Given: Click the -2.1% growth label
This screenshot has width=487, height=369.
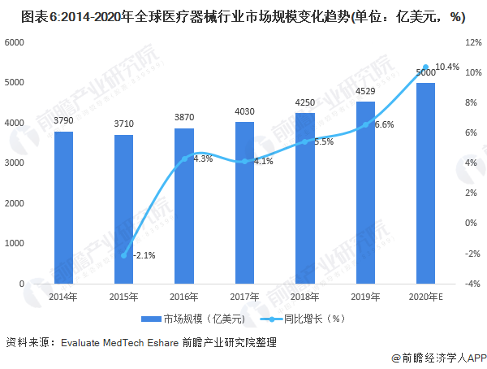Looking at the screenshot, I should coord(143,255).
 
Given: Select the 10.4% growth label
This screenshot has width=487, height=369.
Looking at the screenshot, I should coord(447,67).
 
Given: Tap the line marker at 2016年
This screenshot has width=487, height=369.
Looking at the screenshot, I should coord(184,158).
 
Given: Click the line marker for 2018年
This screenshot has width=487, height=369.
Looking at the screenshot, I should coord(305,141).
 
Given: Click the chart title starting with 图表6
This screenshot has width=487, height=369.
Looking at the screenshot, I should coord(243,15).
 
